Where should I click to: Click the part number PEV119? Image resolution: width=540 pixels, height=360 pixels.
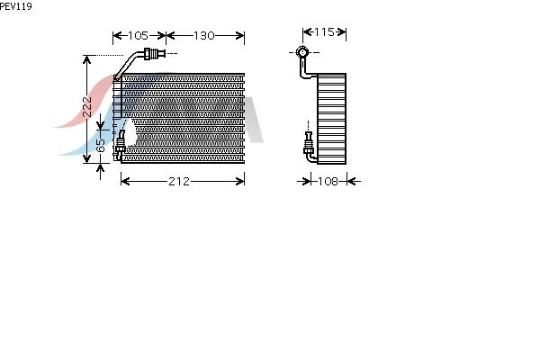[16, 6]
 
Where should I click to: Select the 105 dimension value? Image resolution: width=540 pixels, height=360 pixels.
[138, 35]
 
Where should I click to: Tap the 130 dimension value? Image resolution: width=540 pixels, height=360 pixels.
[204, 35]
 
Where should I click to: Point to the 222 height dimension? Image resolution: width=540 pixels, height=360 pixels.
[87, 107]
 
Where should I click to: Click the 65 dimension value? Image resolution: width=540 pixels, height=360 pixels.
[100, 146]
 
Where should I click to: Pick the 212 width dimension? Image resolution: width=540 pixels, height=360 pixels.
[179, 181]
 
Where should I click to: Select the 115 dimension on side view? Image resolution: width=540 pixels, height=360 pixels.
[324, 31]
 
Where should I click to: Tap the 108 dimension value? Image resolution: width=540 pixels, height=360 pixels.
[328, 181]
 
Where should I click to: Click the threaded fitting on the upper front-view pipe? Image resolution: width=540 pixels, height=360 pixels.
[155, 53]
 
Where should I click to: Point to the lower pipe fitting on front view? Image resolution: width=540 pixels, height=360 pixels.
[121, 142]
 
